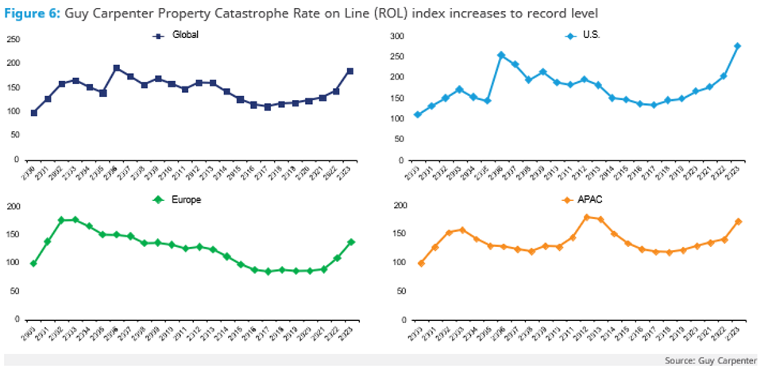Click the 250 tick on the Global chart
click(x=14, y=39)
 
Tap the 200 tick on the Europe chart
click(x=14, y=206)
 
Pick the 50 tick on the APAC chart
click(x=400, y=291)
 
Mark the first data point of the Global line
click(x=33, y=113)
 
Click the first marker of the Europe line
click(x=33, y=263)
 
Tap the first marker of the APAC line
click(x=421, y=263)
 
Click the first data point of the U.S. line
click(x=418, y=115)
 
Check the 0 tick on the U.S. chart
click(x=402, y=160)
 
